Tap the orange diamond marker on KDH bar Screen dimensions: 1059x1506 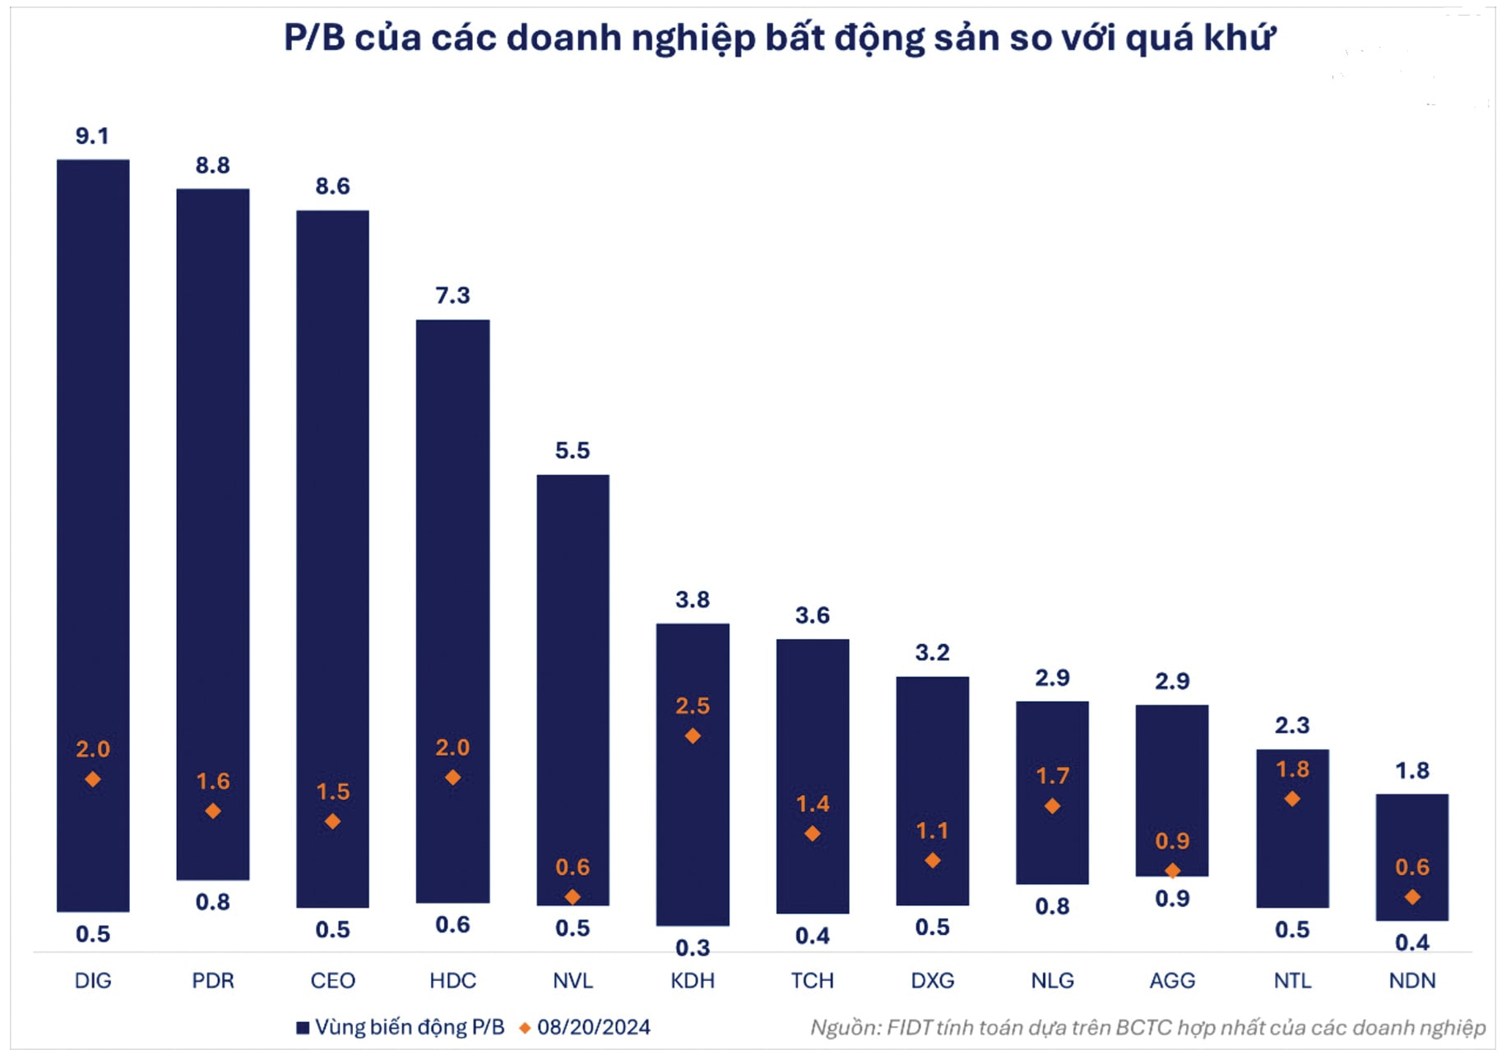[x=693, y=736]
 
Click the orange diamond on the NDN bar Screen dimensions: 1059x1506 [x=1412, y=897]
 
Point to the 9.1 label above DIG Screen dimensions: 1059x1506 [x=92, y=136]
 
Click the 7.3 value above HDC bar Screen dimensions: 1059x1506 [x=452, y=295]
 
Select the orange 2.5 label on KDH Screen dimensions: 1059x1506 [x=693, y=705]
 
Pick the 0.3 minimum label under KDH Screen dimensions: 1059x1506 [x=693, y=948]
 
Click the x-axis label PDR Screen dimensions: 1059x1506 [x=213, y=980]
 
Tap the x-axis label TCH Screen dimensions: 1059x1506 [x=813, y=980]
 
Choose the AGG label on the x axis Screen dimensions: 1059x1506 [x=1172, y=980]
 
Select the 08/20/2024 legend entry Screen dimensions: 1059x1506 [x=593, y=1027]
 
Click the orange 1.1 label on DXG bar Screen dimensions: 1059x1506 [x=932, y=830]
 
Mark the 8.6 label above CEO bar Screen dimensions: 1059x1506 [x=332, y=186]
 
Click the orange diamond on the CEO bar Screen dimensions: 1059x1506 [x=332, y=821]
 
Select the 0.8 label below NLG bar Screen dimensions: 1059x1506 [x=1052, y=906]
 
